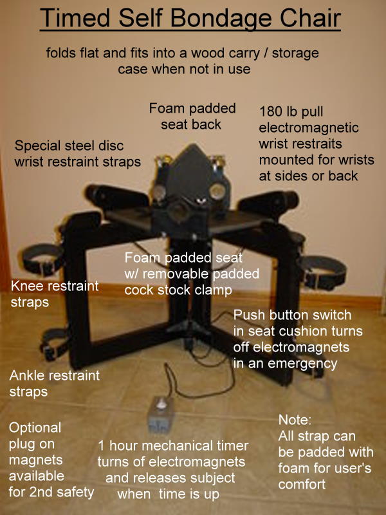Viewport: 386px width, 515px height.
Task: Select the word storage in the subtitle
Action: [x=295, y=53]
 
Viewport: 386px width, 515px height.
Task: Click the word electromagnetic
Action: [x=309, y=127]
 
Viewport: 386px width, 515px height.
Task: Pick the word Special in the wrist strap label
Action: [x=37, y=146]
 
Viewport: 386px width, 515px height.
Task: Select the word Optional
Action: [x=35, y=428]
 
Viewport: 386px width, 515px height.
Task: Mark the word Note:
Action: [x=295, y=420]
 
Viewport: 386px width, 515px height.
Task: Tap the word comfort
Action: [x=302, y=485]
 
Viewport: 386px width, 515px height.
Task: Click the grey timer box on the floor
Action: [x=160, y=415]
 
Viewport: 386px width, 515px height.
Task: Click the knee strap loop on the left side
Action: [x=42, y=260]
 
